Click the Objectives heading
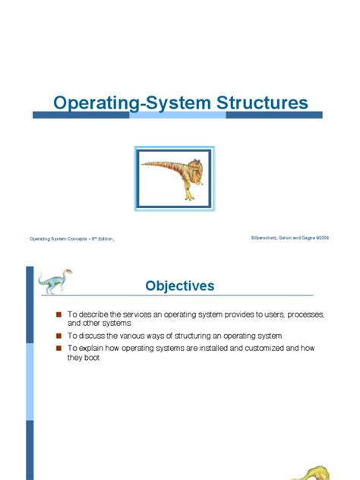click(180, 286)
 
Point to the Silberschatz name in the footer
click(265, 238)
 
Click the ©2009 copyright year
click(322, 238)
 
